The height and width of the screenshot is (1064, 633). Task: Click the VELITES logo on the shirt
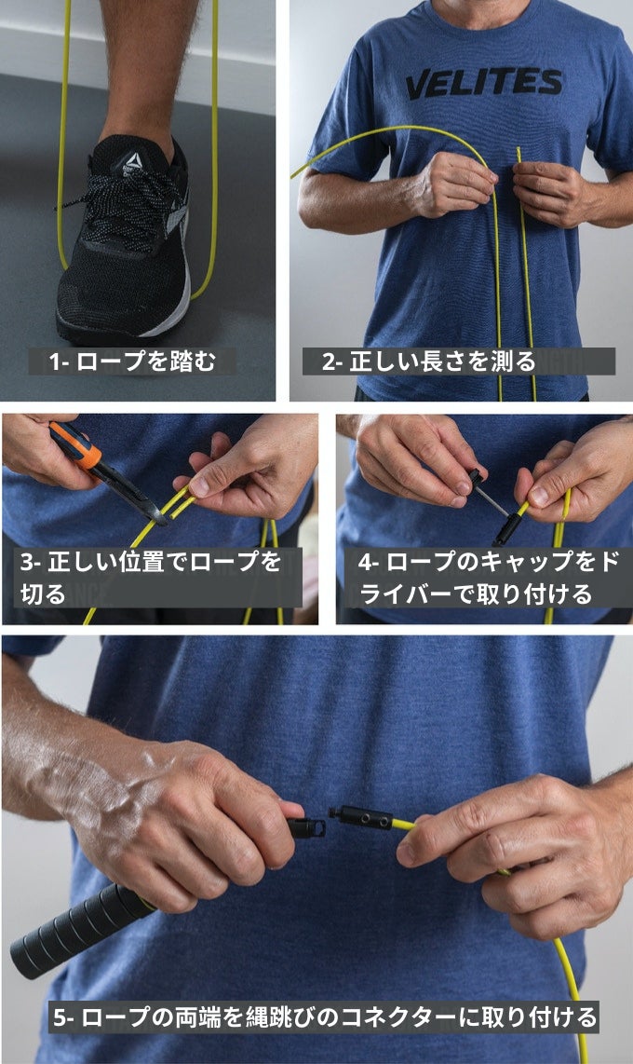(x=484, y=83)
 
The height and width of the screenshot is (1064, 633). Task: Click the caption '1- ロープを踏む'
(x=132, y=361)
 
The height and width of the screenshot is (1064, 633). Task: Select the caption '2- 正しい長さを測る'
(x=428, y=361)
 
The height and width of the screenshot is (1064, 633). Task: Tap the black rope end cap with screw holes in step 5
(x=360, y=817)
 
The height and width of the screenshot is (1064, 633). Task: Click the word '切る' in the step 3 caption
(x=43, y=593)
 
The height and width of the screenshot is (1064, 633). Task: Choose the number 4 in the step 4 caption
(x=365, y=562)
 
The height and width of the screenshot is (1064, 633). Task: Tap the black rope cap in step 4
(x=507, y=528)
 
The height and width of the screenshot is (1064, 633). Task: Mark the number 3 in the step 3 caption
(x=26, y=562)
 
